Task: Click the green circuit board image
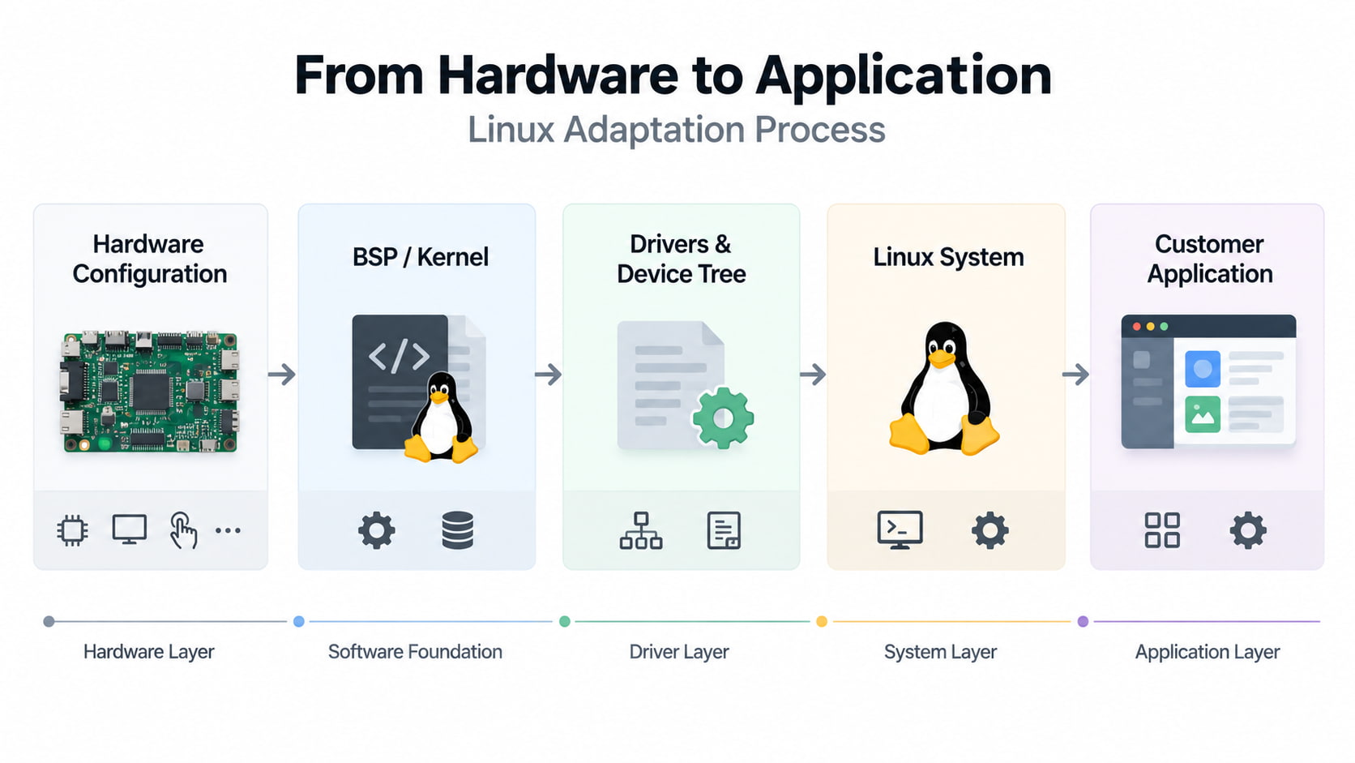pyautogui.click(x=149, y=392)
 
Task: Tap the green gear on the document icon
pyautogui.click(x=723, y=418)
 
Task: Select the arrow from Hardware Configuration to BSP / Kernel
pyautogui.click(x=282, y=375)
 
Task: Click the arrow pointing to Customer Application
pyautogui.click(x=1075, y=375)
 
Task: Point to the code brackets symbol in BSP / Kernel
pyautogui.click(x=400, y=357)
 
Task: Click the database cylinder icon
pyautogui.click(x=457, y=530)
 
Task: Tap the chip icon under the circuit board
pyautogui.click(x=73, y=530)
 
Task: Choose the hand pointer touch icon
pyautogui.click(x=183, y=530)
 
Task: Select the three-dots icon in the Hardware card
pyautogui.click(x=228, y=530)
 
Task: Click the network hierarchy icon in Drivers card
pyautogui.click(x=640, y=530)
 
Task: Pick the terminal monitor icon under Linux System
pyautogui.click(x=900, y=530)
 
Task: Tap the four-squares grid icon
pyautogui.click(x=1162, y=530)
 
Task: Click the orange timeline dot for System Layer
pyautogui.click(x=822, y=621)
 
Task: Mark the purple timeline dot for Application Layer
pyautogui.click(x=1083, y=621)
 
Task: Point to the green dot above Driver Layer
pyautogui.click(x=564, y=621)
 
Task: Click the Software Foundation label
pyautogui.click(x=415, y=652)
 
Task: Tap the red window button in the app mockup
pyautogui.click(x=1137, y=327)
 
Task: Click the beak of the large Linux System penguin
pyautogui.click(x=941, y=359)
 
